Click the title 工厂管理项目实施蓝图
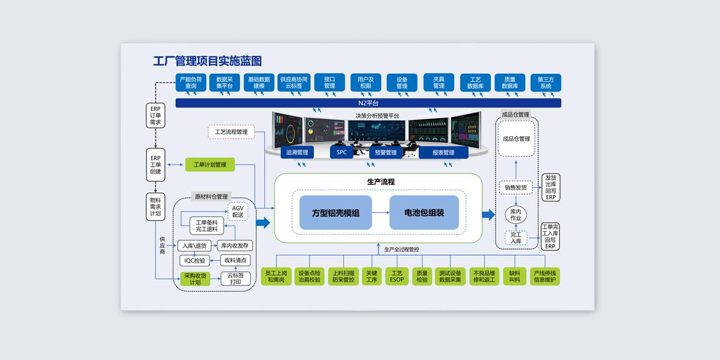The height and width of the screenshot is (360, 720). (x=207, y=61)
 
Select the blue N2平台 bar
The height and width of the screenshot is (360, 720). (x=368, y=103)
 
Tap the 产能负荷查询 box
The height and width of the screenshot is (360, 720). (x=191, y=82)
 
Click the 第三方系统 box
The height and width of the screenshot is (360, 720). (x=545, y=82)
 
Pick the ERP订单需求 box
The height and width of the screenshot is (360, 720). (x=155, y=115)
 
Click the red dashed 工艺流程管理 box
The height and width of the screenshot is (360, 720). (x=231, y=132)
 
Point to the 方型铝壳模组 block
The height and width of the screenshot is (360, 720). (x=335, y=212)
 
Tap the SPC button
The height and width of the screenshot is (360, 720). (x=341, y=152)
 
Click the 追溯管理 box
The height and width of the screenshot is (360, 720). (x=297, y=152)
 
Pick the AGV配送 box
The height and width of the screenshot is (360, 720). (x=238, y=211)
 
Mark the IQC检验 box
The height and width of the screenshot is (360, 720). (x=194, y=260)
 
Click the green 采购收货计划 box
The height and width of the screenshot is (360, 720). (x=196, y=280)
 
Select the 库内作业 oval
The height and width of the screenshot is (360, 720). (x=515, y=215)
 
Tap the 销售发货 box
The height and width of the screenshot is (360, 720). (x=515, y=187)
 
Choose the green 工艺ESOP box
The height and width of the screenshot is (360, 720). (x=397, y=276)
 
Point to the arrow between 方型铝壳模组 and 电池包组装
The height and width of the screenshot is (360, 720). (x=380, y=212)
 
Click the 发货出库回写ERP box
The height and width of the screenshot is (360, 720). (x=551, y=187)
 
